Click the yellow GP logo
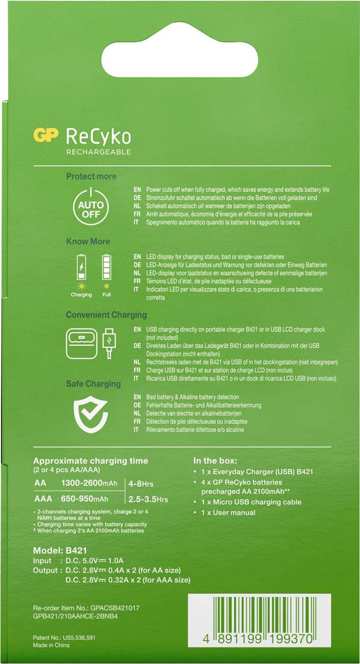45,135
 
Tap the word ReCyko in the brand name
98,136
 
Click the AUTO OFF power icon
91,206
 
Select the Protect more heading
91,176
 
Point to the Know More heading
88,241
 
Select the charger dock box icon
81,343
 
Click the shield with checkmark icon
91,413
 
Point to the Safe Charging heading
93,383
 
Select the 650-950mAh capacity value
85,499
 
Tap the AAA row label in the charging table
43,499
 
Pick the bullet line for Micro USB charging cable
251,502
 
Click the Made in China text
51,645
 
